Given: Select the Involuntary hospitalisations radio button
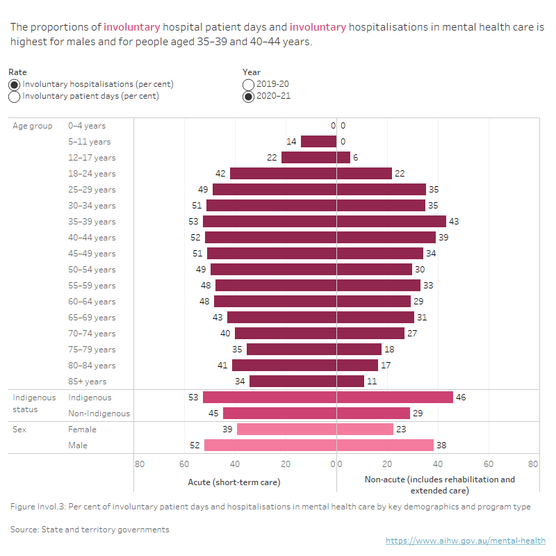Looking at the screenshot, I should tap(15, 84).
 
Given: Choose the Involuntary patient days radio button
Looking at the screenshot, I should tap(15, 97).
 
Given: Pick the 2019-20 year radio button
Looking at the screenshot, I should tap(249, 84).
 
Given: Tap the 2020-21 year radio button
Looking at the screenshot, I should tap(249, 97).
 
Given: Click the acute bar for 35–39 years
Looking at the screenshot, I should tap(270, 222).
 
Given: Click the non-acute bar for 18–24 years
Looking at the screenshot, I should tap(364, 174).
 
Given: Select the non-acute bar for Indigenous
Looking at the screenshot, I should tap(395, 398).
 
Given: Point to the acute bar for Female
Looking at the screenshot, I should tap(286, 430).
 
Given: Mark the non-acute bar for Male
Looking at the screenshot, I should tap(385, 445).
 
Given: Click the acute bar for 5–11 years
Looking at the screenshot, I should tap(318, 142).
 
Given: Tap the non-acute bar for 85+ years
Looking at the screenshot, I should tap(350, 382).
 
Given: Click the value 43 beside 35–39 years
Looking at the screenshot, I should tap(455, 222).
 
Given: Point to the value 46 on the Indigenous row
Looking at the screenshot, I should tap(461, 398).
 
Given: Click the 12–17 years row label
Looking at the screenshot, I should tap(92, 158).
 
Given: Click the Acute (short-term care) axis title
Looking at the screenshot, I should tap(234, 482).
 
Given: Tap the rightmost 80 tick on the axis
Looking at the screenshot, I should tap(532, 464).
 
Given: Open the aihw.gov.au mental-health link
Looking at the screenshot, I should tap(466, 541).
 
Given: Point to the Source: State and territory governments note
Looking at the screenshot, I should tap(90, 530).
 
